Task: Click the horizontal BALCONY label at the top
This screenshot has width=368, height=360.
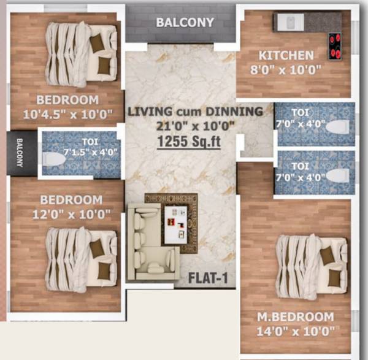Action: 185,23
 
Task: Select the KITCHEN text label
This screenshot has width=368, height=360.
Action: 286,55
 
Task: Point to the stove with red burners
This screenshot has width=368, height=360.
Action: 335,46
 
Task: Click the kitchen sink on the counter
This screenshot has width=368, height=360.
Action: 288,21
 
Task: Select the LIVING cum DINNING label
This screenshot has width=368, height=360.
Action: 195,112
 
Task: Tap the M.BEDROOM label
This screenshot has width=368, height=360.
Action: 296,317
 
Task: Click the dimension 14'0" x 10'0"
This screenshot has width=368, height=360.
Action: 296,332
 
